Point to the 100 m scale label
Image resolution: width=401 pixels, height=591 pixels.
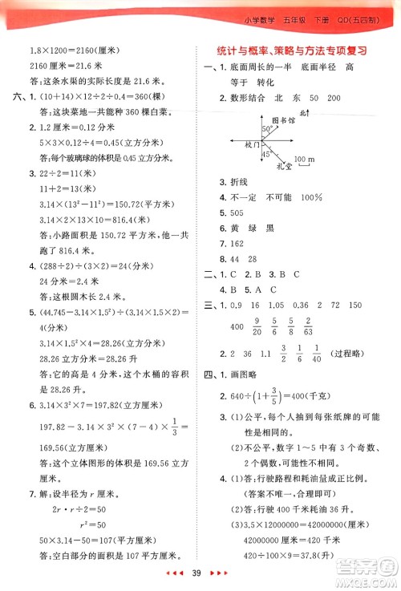305,160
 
